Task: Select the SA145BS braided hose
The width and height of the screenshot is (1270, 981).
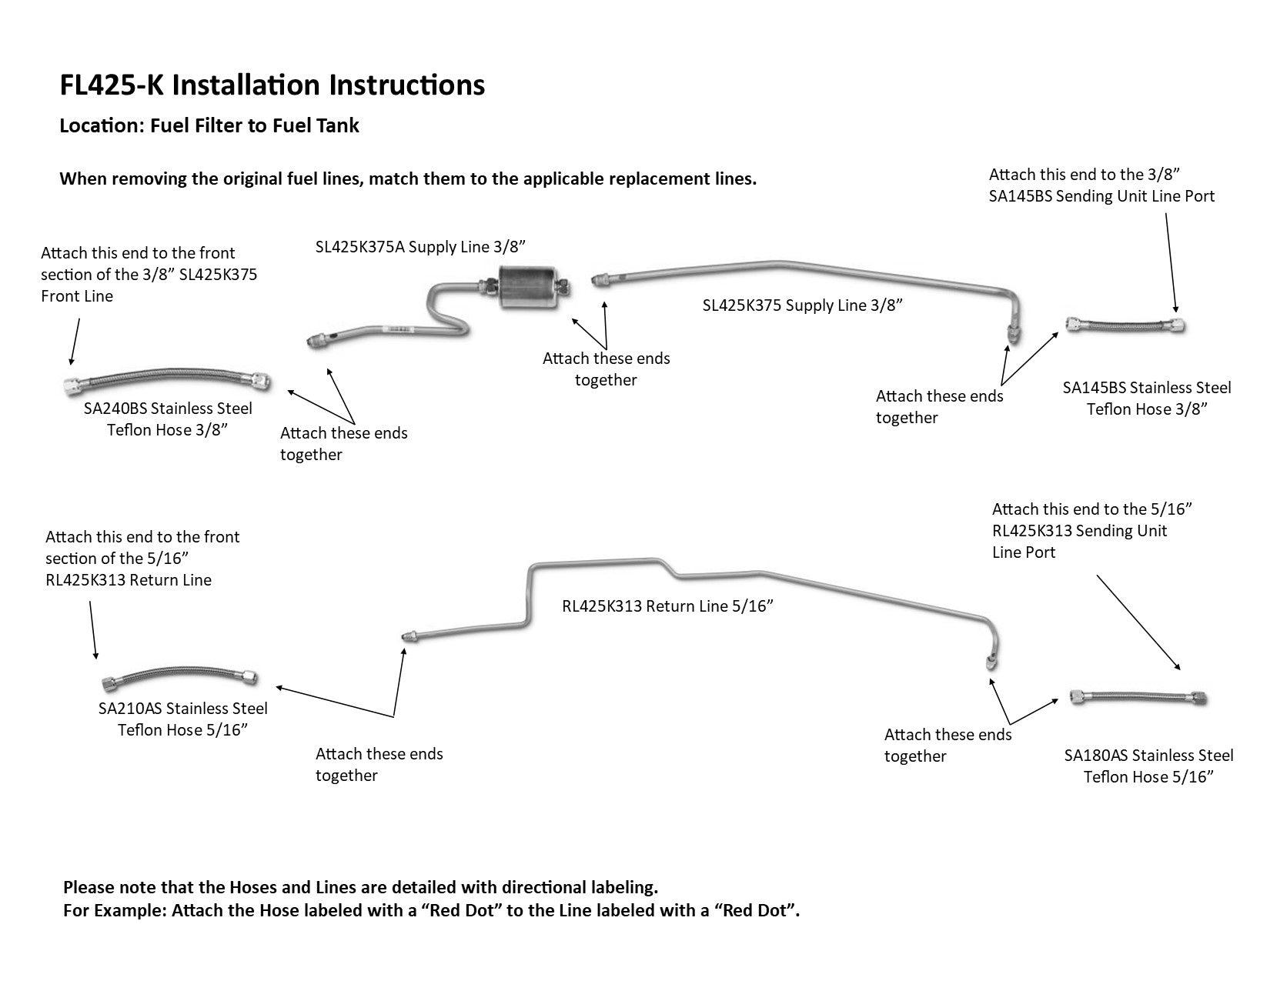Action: (1125, 325)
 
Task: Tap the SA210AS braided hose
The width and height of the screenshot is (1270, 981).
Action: (179, 677)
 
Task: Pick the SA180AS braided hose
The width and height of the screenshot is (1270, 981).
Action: (1138, 698)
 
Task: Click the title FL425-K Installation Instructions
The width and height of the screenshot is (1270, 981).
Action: (272, 85)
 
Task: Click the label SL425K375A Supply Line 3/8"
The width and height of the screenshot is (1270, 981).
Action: (420, 246)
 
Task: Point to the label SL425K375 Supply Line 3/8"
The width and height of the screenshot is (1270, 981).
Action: (802, 305)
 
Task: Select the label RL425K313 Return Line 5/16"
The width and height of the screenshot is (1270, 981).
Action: (667, 606)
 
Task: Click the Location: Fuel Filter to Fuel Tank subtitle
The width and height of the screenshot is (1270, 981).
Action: (209, 125)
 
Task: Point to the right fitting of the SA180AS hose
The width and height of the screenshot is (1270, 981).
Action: (1198, 699)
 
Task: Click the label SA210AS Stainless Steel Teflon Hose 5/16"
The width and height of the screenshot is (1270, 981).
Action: (183, 719)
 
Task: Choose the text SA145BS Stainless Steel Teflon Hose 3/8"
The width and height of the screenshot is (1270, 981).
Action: (1147, 398)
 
